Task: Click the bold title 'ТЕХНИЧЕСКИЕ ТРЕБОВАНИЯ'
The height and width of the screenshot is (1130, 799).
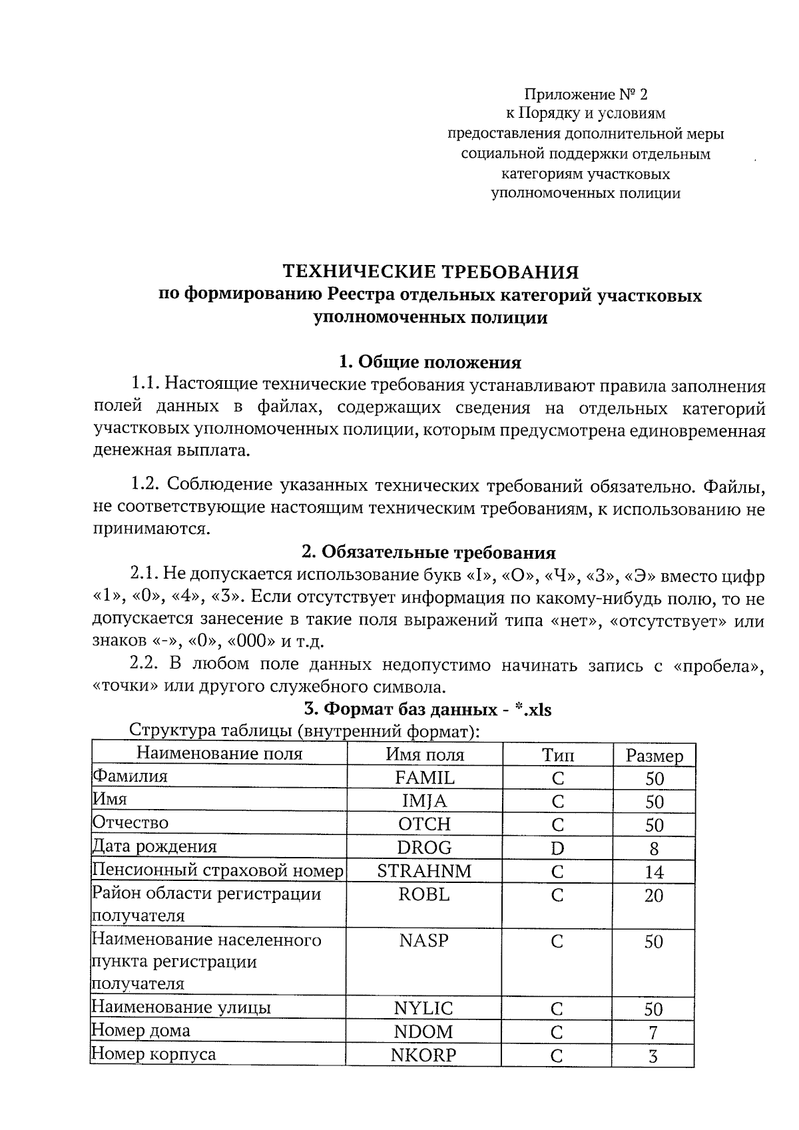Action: (x=431, y=272)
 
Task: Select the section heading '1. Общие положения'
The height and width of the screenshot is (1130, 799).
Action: (x=430, y=362)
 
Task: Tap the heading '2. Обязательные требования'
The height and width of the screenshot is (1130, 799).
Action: (x=429, y=553)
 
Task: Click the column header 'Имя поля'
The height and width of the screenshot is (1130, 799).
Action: (x=425, y=754)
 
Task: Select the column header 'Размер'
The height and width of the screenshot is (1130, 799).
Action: (x=654, y=756)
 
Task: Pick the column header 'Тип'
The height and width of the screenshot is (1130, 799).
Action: (x=557, y=755)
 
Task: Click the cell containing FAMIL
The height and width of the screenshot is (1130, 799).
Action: (x=425, y=778)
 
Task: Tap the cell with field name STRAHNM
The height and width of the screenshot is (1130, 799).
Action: (x=424, y=871)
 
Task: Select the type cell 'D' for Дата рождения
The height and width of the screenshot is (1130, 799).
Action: (x=557, y=848)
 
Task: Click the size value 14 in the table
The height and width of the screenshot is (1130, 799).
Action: (x=654, y=872)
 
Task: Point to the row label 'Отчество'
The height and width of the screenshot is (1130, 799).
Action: (x=131, y=823)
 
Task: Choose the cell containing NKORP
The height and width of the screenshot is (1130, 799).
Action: (x=424, y=1055)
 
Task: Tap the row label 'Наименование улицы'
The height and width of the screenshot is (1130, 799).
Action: (x=181, y=1007)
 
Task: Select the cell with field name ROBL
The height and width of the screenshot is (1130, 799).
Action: (x=424, y=895)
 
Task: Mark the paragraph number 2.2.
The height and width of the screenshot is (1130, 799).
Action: (x=144, y=664)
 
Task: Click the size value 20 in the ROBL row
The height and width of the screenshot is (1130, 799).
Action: (x=654, y=896)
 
